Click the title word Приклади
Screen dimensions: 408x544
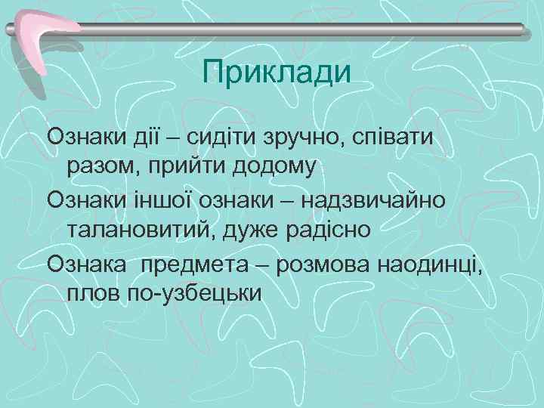tap(278, 73)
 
